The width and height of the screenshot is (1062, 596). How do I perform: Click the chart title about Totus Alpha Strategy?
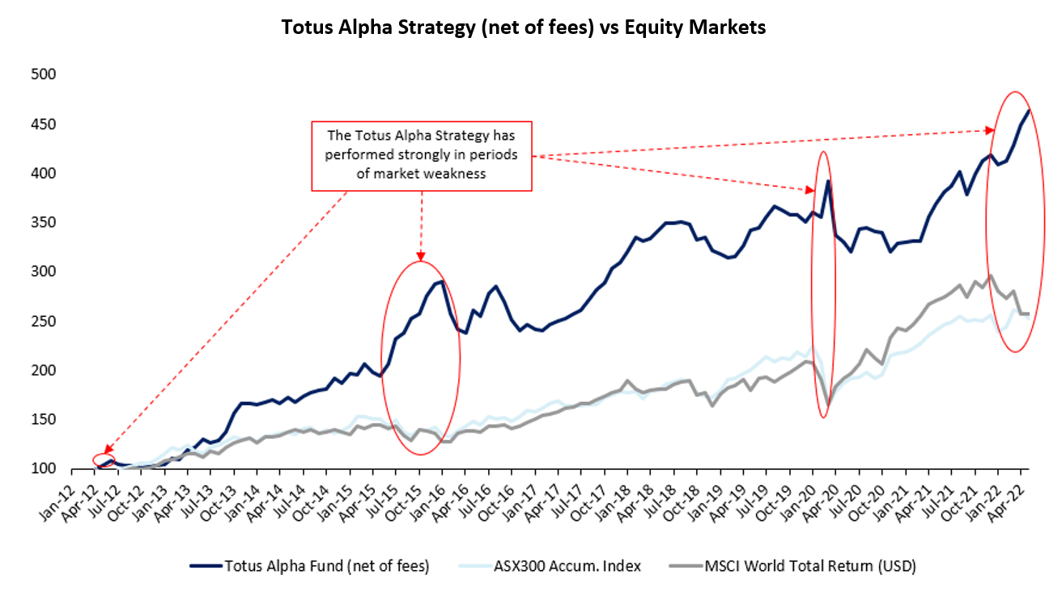point(523,27)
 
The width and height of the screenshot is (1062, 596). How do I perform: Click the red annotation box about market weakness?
point(421,156)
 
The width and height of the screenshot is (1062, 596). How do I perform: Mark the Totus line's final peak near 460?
point(1028,110)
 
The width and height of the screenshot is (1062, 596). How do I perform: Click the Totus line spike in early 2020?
point(828,180)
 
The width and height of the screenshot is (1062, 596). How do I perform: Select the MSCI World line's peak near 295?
point(991,276)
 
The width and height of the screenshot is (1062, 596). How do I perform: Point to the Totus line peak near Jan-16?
point(441,281)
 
